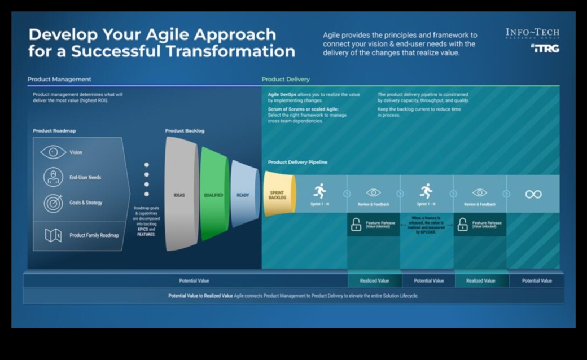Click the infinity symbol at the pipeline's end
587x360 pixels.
(533, 194)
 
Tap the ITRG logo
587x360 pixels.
(545, 49)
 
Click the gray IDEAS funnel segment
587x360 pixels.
(179, 195)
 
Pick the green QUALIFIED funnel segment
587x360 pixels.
(213, 195)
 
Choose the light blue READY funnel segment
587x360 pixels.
(243, 195)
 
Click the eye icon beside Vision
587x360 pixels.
(53, 152)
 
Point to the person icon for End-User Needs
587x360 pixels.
(53, 177)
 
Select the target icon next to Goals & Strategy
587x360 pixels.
(53, 203)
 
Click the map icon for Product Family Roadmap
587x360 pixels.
(53, 235)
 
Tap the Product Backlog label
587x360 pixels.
(185, 131)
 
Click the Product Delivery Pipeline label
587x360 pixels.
(297, 163)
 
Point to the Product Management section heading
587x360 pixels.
(59, 80)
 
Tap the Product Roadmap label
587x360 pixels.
(54, 131)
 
